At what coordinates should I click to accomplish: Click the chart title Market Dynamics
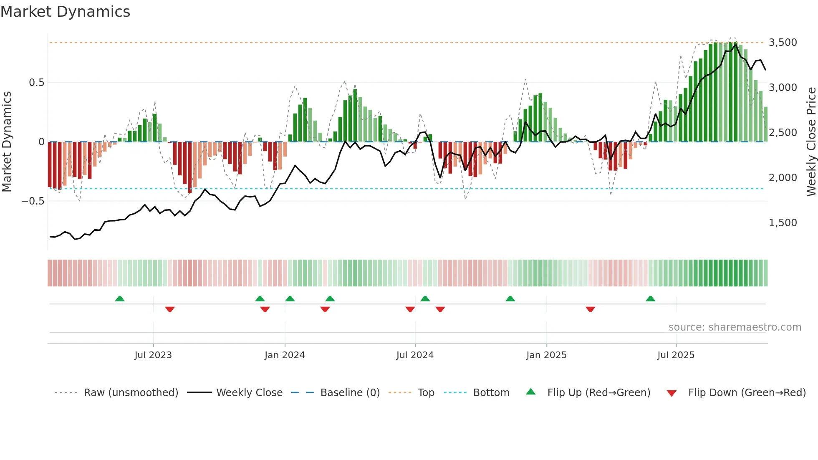click(65, 12)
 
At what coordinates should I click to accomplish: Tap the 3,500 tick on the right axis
click(783, 43)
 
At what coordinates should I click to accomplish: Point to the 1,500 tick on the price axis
click(783, 223)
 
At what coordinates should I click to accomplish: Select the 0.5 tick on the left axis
click(37, 83)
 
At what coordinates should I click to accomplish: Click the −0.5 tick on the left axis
click(33, 201)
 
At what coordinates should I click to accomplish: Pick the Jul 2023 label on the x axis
click(153, 355)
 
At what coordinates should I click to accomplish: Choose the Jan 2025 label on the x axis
click(546, 355)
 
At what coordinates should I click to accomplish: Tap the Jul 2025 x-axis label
click(676, 355)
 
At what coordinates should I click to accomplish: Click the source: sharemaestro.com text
click(735, 327)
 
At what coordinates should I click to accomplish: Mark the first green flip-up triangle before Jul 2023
click(120, 299)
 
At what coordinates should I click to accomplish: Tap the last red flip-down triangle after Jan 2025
click(590, 309)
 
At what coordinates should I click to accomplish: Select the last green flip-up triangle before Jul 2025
click(650, 299)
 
